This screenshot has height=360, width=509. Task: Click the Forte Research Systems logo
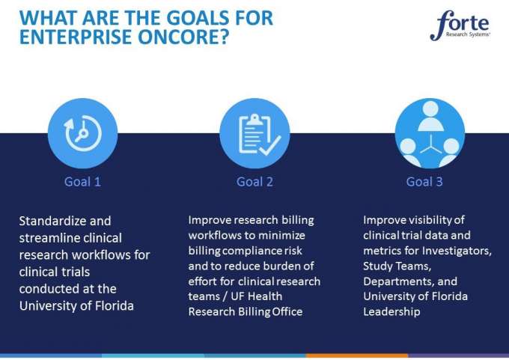click(x=460, y=25)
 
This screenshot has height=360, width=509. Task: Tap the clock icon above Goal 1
click(x=83, y=133)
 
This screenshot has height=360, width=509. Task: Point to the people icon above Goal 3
click(x=430, y=133)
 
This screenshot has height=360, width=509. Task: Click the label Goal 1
click(x=82, y=181)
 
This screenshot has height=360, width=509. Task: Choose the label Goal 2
click(x=254, y=181)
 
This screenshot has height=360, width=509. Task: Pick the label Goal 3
click(x=424, y=181)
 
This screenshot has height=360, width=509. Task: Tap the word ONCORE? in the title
click(x=183, y=37)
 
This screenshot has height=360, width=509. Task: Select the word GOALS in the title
click(x=199, y=18)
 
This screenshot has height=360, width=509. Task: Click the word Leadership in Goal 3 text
click(x=391, y=311)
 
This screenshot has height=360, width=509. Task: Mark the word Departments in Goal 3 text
click(x=399, y=281)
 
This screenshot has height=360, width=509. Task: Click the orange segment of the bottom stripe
click(x=357, y=356)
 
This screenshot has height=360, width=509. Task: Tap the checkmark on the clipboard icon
click(x=270, y=145)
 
